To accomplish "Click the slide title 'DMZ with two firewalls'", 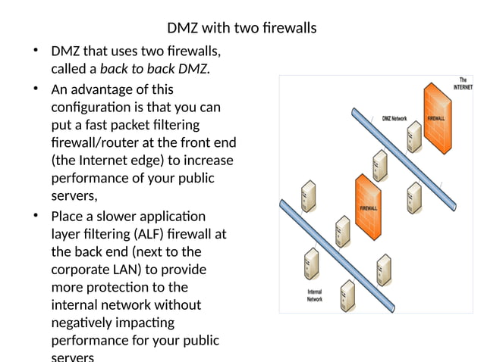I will tap(241, 29).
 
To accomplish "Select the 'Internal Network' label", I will tap(314, 295).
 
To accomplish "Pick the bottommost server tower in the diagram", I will tap(347, 296).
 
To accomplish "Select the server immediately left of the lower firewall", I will tap(341, 228).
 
